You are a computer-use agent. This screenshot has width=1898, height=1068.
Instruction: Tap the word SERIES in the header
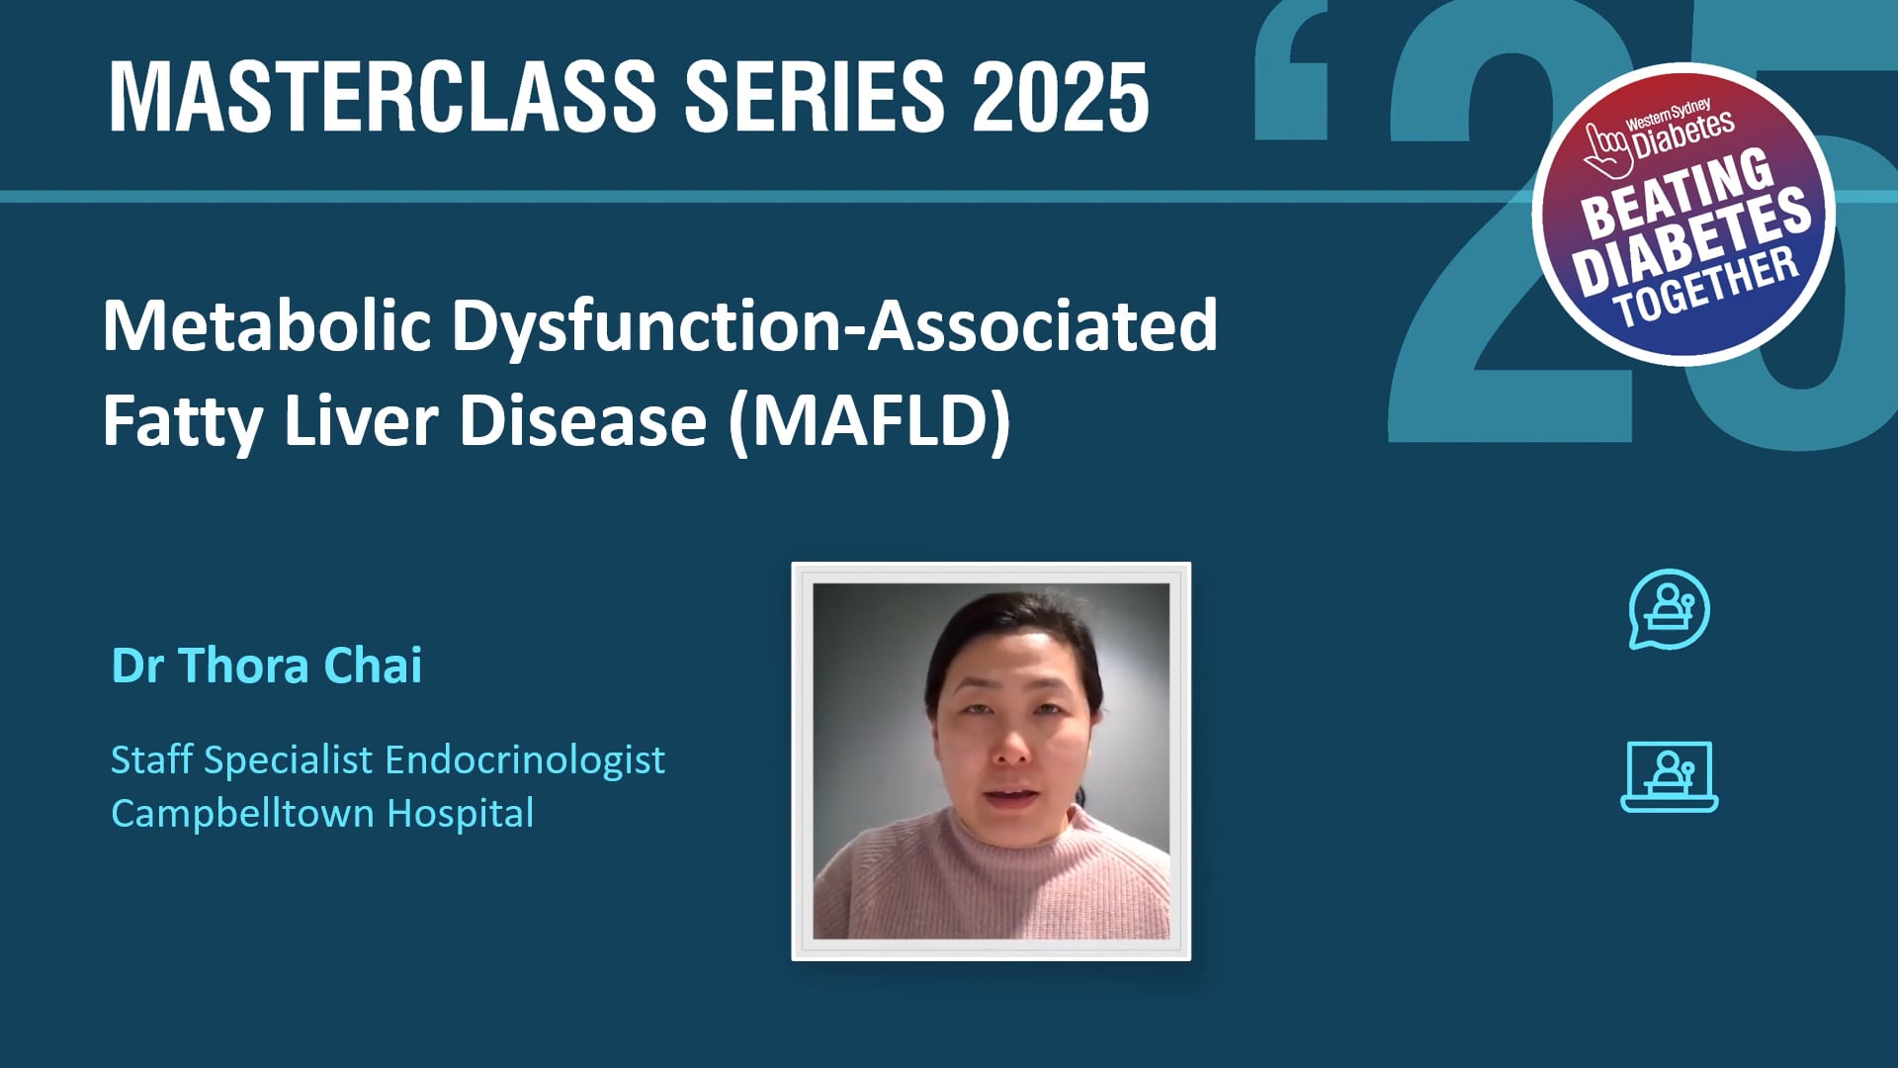814,96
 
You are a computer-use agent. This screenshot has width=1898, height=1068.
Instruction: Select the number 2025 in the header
1060,96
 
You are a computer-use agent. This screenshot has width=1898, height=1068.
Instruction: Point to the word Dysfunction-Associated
834,326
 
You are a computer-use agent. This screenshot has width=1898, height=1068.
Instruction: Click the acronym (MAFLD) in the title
869,420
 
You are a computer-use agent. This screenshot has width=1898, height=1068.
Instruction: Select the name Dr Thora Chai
267,666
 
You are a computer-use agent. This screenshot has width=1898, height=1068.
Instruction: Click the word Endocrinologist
525,759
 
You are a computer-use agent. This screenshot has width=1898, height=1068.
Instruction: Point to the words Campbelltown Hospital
322,813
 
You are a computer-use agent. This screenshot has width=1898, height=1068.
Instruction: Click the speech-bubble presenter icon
1669,609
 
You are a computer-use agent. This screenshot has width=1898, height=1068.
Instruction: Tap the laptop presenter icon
1669,777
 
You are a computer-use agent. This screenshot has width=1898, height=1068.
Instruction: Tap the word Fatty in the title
182,420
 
